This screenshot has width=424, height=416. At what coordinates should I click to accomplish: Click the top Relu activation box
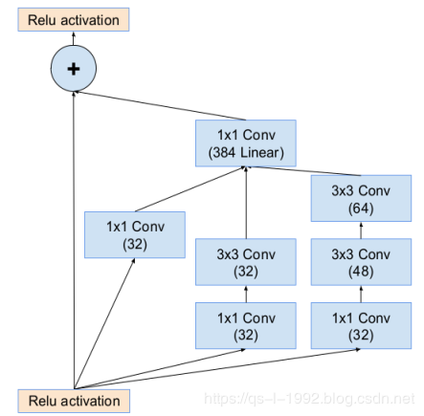74,20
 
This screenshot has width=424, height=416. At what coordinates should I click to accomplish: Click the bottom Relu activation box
74,401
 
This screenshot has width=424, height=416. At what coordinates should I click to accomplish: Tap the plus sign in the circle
74,69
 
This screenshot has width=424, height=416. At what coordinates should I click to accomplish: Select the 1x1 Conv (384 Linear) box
246,143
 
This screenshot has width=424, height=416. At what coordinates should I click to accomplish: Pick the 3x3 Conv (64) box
361,198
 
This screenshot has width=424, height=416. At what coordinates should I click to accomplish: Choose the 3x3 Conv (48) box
361,262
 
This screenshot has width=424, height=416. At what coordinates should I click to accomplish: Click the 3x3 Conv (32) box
246,262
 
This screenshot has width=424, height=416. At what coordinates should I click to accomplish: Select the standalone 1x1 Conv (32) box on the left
135,234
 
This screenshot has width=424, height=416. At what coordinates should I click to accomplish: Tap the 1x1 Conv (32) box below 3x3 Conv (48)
361,325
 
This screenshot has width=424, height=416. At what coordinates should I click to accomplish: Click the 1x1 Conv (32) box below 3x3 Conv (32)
246,325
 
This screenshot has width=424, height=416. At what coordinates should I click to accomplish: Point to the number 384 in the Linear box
225,152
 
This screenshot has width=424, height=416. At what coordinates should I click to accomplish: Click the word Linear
259,152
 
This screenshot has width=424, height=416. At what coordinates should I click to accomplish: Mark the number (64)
361,208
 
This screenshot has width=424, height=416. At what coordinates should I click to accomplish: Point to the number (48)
361,272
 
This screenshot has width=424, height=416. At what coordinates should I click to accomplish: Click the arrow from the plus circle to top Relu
74,38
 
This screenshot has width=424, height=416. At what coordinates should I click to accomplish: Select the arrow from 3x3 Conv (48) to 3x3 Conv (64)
361,230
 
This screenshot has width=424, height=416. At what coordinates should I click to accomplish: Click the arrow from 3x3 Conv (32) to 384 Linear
246,203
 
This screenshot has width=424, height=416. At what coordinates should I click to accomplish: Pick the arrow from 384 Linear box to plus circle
160,105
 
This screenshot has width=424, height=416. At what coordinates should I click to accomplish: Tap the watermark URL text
309,399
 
